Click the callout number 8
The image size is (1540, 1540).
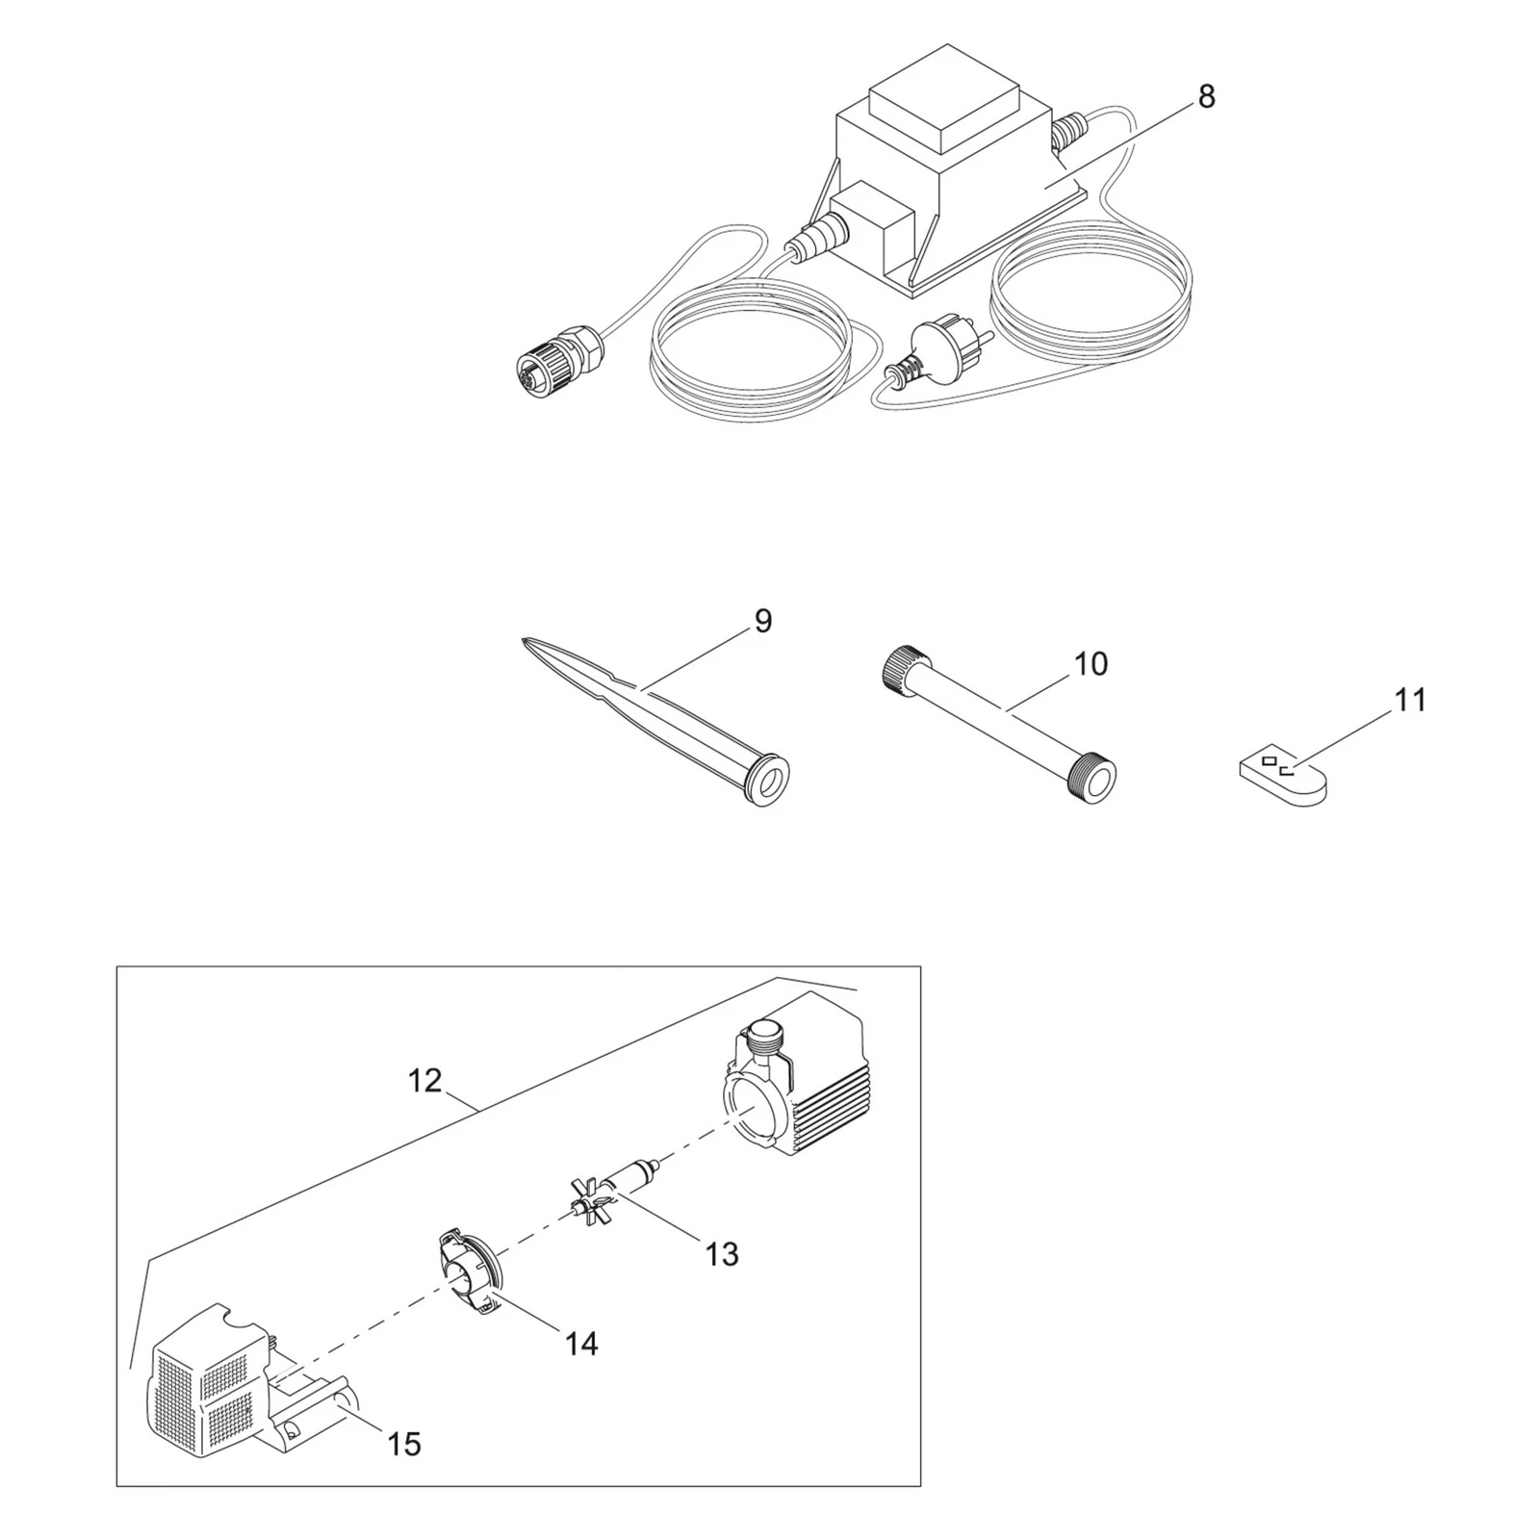(1206, 97)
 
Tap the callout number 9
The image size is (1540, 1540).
(763, 622)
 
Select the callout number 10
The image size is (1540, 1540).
(1091, 663)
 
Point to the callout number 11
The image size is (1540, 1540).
(1410, 700)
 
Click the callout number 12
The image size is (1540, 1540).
(424, 1081)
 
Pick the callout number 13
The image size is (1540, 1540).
(722, 1254)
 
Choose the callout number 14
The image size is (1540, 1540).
(581, 1343)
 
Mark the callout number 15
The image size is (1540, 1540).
(404, 1444)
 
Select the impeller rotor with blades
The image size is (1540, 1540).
(611, 1189)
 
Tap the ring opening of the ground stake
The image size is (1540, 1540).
(767, 782)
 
